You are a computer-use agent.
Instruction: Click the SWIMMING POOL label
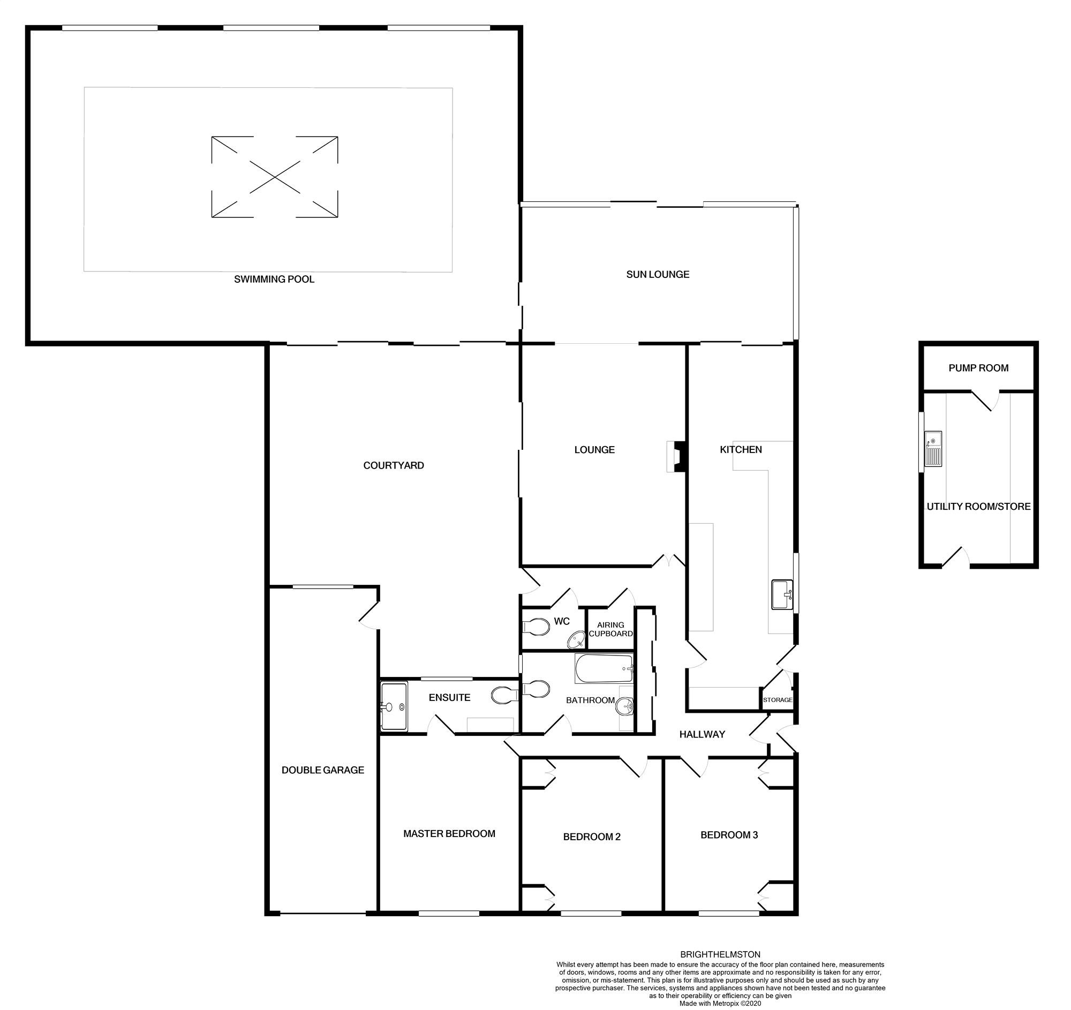coord(274,279)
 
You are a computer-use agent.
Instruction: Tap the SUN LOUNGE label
coord(657,274)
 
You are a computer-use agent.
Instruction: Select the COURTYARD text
coord(393,465)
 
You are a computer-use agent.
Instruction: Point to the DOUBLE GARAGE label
coord(323,770)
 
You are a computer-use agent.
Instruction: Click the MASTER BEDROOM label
coord(449,833)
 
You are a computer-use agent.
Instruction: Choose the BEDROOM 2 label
coord(592,836)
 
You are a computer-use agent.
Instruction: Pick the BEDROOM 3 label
coord(729,835)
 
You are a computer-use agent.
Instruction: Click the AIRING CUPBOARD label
coord(610,629)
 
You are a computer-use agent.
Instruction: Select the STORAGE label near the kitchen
coord(777,700)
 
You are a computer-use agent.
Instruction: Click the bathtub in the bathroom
coord(604,669)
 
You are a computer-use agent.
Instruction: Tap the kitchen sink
coord(781,594)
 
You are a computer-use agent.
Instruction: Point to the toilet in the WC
coord(535,627)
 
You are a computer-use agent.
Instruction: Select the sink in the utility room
coord(932,448)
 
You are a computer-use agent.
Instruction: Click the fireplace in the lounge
coord(676,457)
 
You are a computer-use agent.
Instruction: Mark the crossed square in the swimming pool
coord(274,177)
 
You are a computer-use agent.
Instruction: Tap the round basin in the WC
coord(576,640)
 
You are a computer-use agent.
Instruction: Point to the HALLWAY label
coord(702,734)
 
